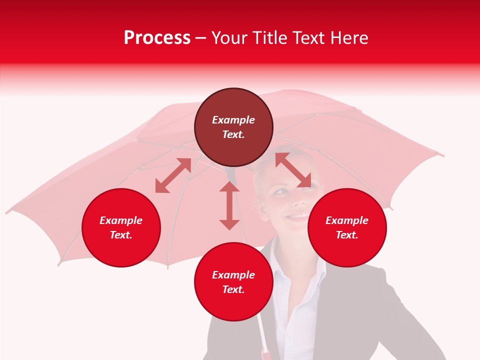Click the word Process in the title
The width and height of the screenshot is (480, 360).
pyautogui.click(x=157, y=38)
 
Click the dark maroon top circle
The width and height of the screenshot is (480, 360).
pyautogui.click(x=233, y=127)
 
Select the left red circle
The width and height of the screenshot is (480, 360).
pyautogui.click(x=121, y=227)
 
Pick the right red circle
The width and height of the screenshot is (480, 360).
pyautogui.click(x=347, y=227)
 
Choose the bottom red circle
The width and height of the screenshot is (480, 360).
pyautogui.click(x=233, y=282)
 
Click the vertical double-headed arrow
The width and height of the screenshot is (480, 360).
pyautogui.click(x=229, y=205)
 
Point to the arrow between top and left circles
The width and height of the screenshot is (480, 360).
pyautogui.click(x=173, y=175)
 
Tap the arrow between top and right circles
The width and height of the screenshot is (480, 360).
pyautogui.click(x=293, y=170)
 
